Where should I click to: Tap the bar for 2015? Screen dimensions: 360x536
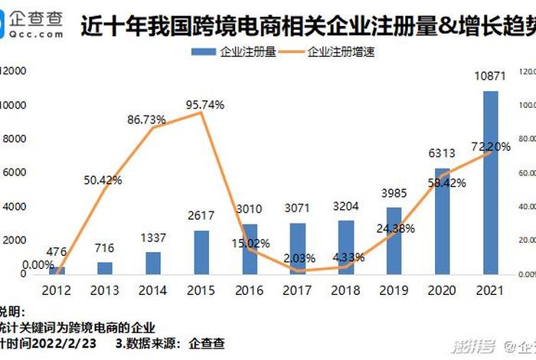[x=202, y=252]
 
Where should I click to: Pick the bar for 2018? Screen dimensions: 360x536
[x=346, y=247]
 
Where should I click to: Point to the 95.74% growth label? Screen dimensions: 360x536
[x=204, y=105]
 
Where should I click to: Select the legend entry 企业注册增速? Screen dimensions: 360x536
[x=341, y=52]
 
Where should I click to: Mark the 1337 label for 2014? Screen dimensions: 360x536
[x=154, y=237]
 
